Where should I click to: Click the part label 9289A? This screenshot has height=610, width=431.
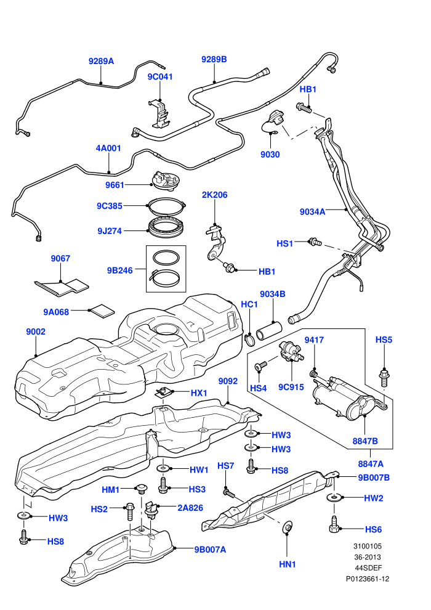click(101, 61)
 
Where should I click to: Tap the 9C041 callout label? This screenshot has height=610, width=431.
click(159, 76)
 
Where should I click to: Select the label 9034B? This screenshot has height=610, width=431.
click(272, 294)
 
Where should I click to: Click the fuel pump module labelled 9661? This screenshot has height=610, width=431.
click(165, 182)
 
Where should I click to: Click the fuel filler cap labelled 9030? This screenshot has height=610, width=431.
click(273, 121)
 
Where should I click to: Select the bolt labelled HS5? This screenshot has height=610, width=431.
click(384, 376)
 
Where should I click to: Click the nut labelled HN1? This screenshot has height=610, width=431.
click(287, 527)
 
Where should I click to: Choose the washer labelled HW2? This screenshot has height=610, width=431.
click(334, 498)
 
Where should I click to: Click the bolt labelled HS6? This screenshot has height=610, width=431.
click(334, 525)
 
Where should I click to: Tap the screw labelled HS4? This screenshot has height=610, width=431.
click(261, 365)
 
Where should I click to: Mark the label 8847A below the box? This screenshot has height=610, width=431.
click(371, 464)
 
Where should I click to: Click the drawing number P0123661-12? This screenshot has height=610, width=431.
click(368, 579)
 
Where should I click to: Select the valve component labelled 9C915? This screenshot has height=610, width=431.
click(291, 351)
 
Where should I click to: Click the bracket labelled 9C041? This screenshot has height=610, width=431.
click(159, 113)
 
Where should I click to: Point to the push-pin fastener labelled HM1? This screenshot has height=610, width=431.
click(140, 488)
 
